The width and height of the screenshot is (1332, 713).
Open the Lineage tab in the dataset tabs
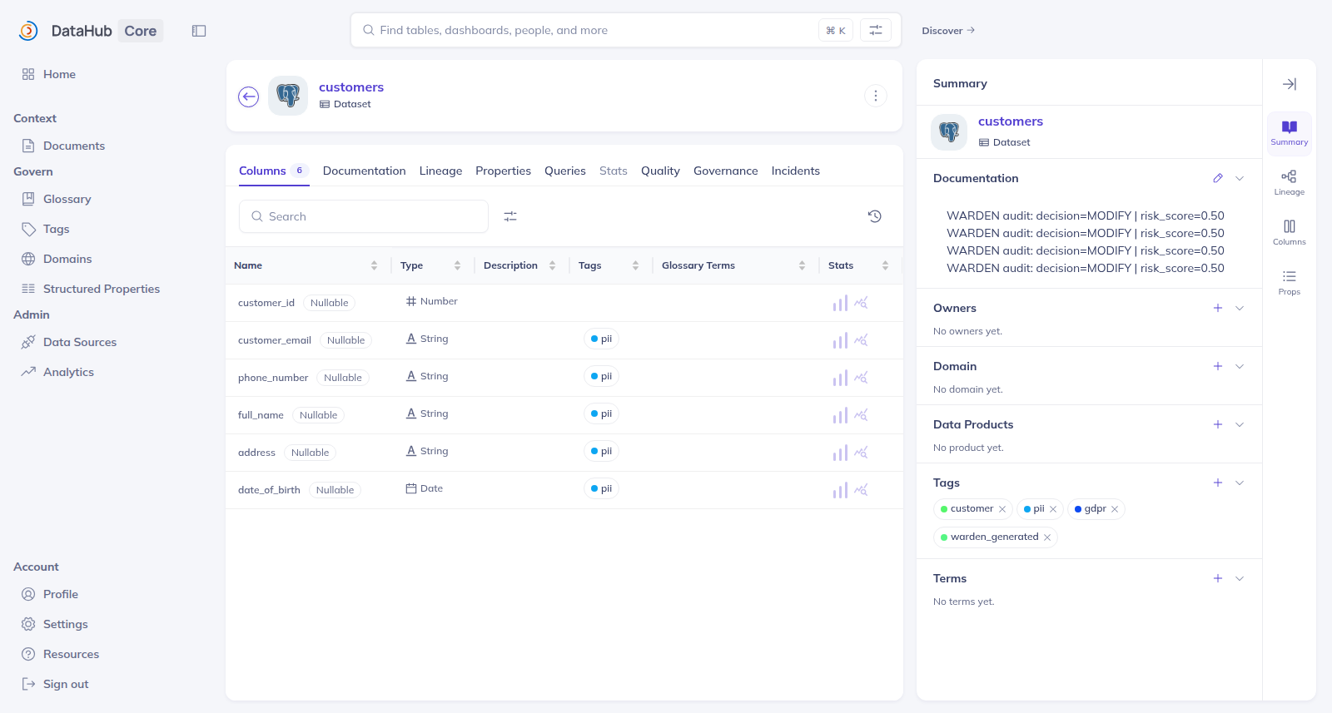440,171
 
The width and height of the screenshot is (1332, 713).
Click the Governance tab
725,171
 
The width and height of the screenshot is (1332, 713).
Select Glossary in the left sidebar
67,199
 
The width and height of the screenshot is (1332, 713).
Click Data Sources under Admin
80,342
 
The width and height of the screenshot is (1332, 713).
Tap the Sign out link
66,684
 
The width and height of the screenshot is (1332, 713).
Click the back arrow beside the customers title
249,97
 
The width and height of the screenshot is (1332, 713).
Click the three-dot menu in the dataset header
875,96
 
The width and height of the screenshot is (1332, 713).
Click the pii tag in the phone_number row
601,376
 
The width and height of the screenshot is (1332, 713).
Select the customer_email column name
274,340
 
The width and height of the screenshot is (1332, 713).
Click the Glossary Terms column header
698,265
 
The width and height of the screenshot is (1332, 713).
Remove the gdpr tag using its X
1115,509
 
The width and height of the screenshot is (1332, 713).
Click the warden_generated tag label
994,537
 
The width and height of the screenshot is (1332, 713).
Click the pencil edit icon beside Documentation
1218,178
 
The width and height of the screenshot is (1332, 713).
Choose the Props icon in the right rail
1290,282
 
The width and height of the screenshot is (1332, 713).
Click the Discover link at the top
948,30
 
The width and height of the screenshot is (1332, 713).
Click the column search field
363,216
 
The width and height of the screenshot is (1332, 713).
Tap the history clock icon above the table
874,216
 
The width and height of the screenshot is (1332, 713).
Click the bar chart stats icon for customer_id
840,303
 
